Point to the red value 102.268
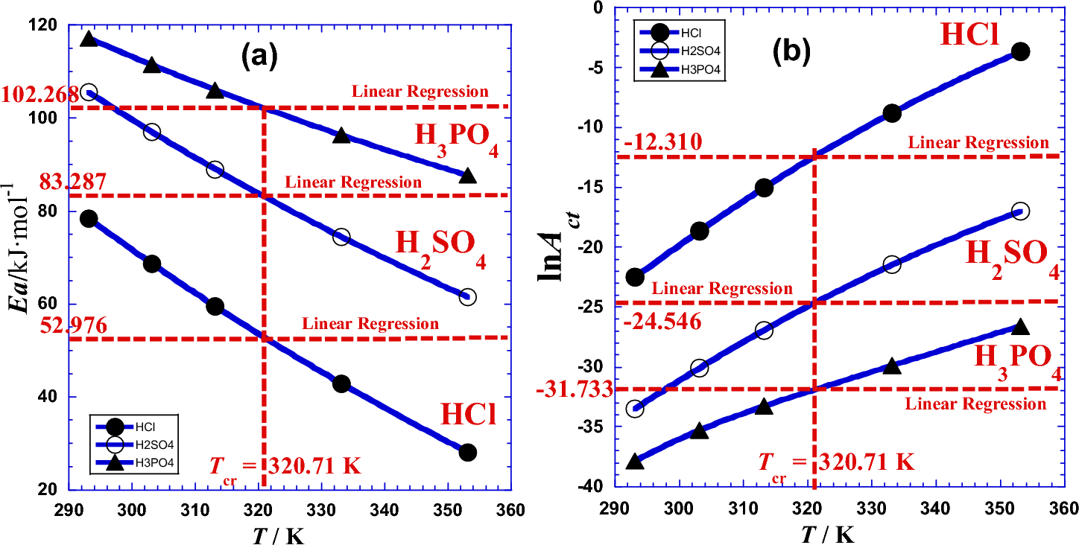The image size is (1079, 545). tap(40, 95)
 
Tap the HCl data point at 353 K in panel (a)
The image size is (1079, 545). tap(468, 453)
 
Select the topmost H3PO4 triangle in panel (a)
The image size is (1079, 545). tap(89, 39)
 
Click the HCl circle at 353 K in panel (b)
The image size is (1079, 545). tap(1020, 51)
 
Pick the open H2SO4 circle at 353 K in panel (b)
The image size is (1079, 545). tap(1020, 211)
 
